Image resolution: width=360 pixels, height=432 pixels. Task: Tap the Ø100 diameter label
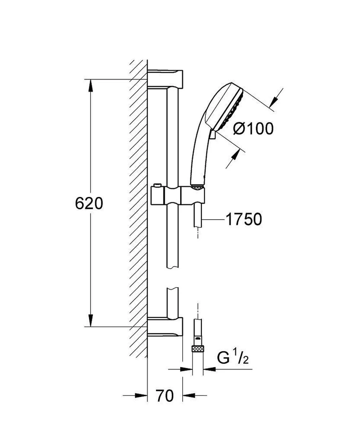pos(253,129)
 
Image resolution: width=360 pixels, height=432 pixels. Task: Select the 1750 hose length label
pos(243,219)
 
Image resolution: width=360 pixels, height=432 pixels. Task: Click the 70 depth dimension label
pos(165,396)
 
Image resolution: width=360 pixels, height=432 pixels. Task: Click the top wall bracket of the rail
pos(165,78)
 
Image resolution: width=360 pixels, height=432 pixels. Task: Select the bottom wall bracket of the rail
pos(165,327)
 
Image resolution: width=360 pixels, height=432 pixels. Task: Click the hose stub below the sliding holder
pos(197,216)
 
